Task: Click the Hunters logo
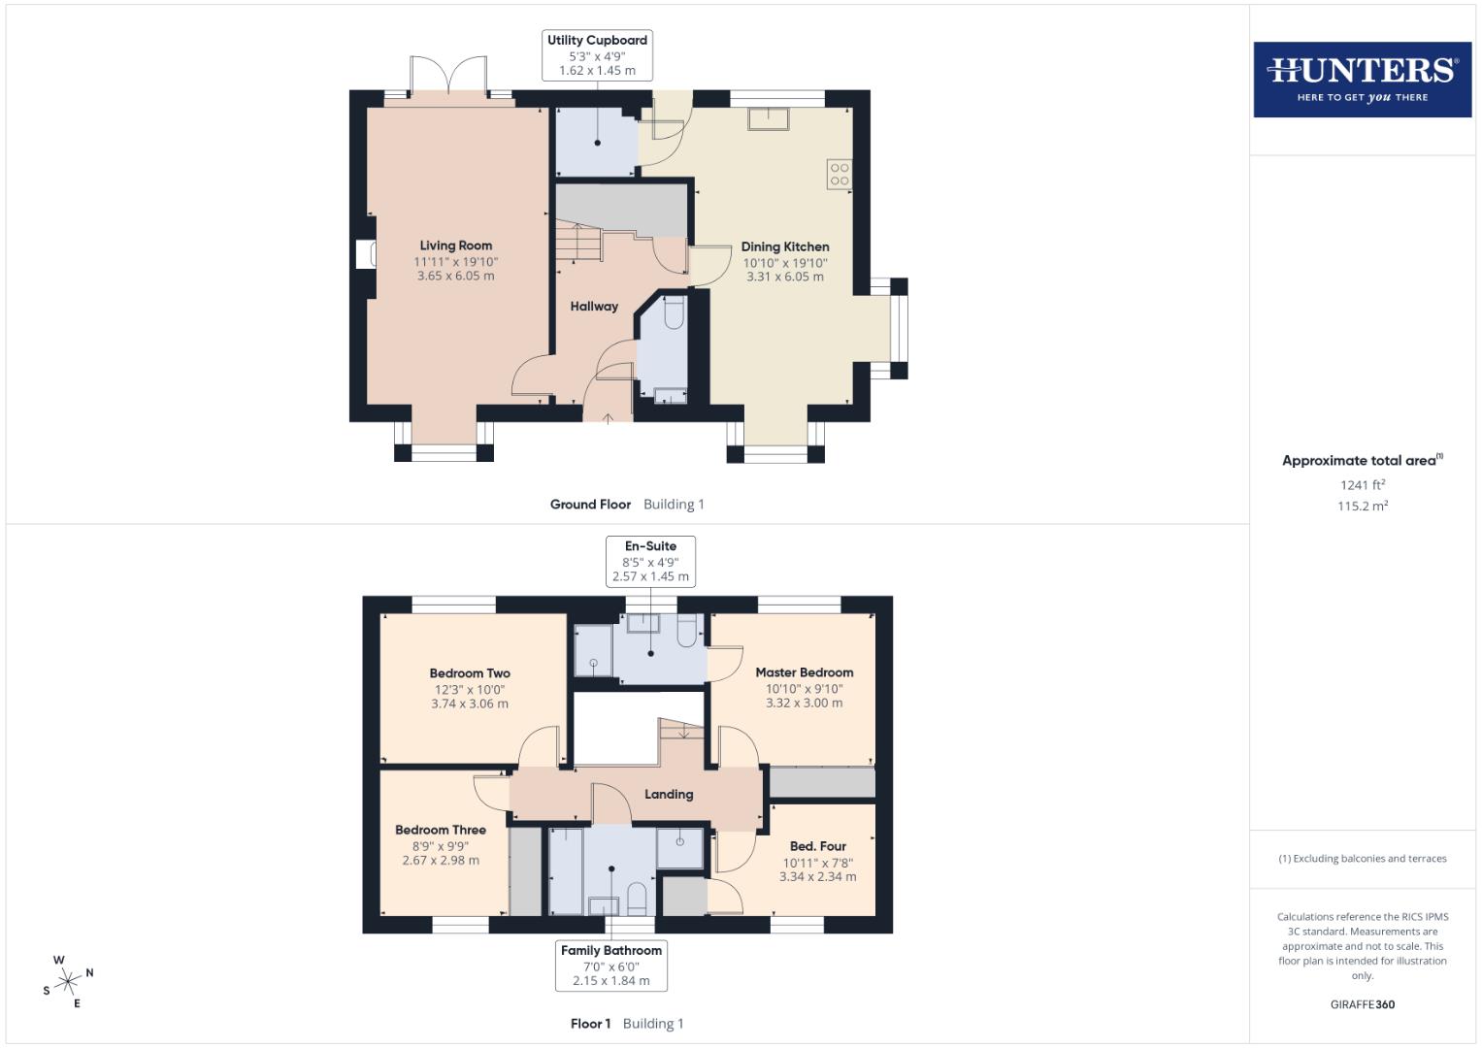coord(1362,80)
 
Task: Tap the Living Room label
coord(455,246)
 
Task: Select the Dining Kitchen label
coord(785,246)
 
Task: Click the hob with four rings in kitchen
coord(840,175)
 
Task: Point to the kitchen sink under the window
coord(768,118)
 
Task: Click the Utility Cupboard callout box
coord(597,55)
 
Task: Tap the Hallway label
coord(594,307)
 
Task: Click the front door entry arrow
coord(609,418)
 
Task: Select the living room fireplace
coord(366,255)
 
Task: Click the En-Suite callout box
coord(650,561)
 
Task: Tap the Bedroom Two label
coord(470,673)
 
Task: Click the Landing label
coord(669,794)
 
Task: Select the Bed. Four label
coord(817,846)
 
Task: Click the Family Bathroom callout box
coord(611,966)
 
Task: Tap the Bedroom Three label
coord(441,830)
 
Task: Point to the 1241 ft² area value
coord(1362,485)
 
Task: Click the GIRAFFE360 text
coord(1362,1004)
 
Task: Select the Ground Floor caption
coord(590,505)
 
